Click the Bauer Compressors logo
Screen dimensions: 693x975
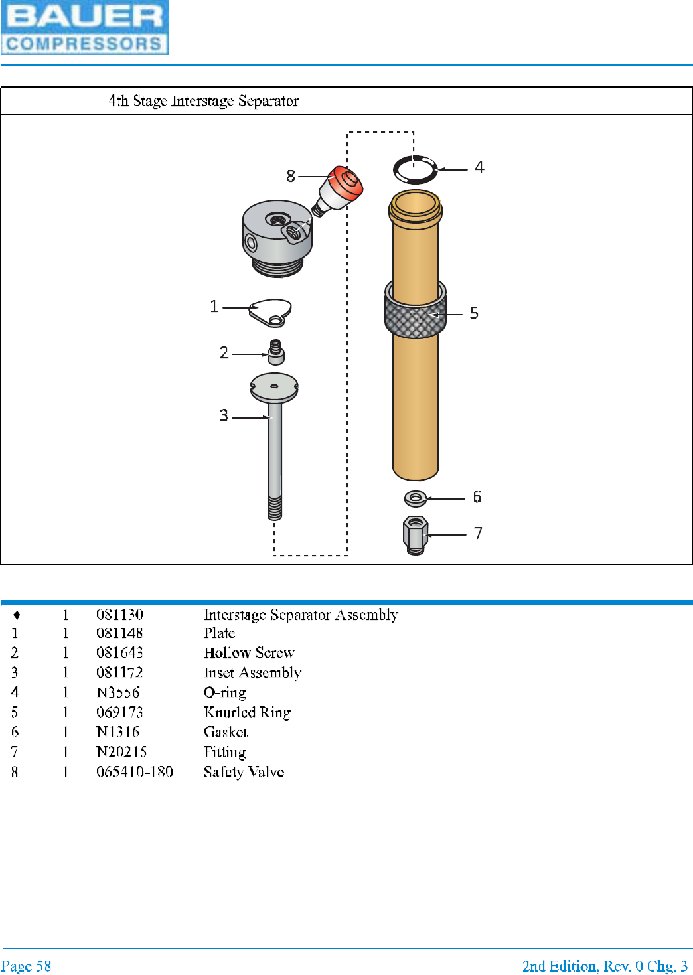(85, 27)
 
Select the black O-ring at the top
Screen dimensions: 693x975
(416, 170)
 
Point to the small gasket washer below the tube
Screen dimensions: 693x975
(416, 497)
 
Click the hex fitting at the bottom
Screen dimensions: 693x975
(416, 534)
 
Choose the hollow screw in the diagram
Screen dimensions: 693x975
(275, 352)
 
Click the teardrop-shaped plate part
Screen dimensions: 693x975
(270, 311)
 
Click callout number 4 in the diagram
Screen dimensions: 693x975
(479, 167)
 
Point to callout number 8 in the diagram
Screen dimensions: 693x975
(290, 176)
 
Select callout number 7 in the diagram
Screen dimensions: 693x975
(478, 534)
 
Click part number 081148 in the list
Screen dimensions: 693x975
(119, 633)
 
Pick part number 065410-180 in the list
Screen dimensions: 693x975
(135, 771)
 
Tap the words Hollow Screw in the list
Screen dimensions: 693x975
(249, 653)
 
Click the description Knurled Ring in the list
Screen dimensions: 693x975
(248, 712)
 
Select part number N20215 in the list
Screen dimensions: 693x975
(121, 751)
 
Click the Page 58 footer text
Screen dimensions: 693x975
(27, 966)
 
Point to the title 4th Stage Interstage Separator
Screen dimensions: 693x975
(204, 101)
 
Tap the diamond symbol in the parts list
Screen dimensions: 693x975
(17, 615)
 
